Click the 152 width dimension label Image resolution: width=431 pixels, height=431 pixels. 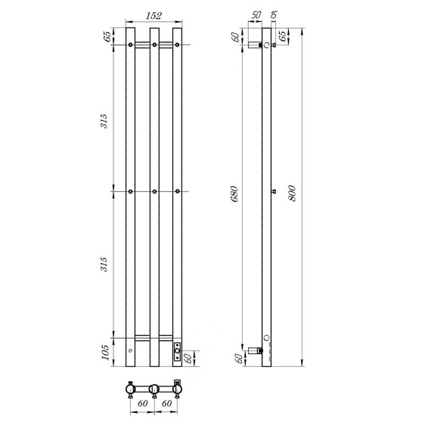click(153, 16)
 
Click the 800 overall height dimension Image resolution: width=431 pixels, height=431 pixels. click(293, 194)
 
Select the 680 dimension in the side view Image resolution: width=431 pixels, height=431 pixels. click(234, 194)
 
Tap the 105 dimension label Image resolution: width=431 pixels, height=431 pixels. click(106, 352)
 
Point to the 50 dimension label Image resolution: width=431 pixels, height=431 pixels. click(256, 15)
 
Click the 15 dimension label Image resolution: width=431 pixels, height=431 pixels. click(274, 15)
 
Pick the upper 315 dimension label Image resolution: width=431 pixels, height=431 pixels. click(104, 121)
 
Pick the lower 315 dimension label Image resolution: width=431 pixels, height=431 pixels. click(104, 264)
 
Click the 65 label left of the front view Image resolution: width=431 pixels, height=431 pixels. click(107, 36)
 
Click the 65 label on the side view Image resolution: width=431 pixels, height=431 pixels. click(282, 36)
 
